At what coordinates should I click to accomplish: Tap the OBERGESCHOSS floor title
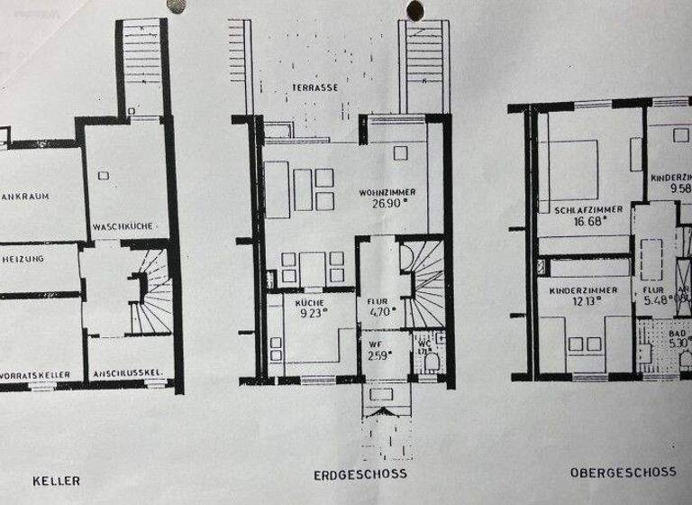623,472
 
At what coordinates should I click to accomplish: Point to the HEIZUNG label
24,257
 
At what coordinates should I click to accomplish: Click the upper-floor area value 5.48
656,301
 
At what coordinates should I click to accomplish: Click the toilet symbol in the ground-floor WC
431,363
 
